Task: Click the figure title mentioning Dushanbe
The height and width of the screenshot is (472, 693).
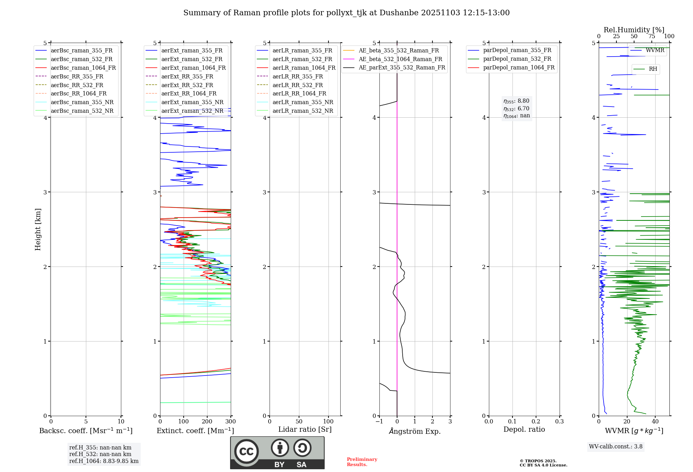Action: (346, 13)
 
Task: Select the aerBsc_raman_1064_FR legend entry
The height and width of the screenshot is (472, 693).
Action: (83, 68)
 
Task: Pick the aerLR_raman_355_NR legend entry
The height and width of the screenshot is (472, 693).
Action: (302, 102)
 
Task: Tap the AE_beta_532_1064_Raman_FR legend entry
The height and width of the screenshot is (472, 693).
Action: (400, 59)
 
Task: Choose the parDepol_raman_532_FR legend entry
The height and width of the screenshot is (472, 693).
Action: (517, 59)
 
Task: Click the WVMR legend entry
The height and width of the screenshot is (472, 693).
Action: (655, 51)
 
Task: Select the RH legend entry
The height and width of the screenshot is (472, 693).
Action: (653, 69)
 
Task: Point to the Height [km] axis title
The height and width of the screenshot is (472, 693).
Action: (38, 229)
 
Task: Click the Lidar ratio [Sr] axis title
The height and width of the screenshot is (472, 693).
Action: (305, 430)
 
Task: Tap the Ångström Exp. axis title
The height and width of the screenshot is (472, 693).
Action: (415, 431)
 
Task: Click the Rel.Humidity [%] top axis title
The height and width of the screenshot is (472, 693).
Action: (634, 30)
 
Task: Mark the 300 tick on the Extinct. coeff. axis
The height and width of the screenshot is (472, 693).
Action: (230, 422)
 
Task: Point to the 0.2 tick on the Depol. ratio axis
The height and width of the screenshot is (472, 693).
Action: (536, 422)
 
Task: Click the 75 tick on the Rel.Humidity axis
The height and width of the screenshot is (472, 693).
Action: (651, 36)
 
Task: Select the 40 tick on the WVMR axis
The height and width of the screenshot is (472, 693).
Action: (655, 422)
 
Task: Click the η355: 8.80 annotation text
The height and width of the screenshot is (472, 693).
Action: (516, 101)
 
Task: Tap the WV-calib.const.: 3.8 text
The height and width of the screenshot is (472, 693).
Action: (616, 447)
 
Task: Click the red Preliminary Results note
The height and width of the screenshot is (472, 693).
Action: (362, 462)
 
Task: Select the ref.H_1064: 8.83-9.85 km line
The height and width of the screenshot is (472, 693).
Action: (104, 461)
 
